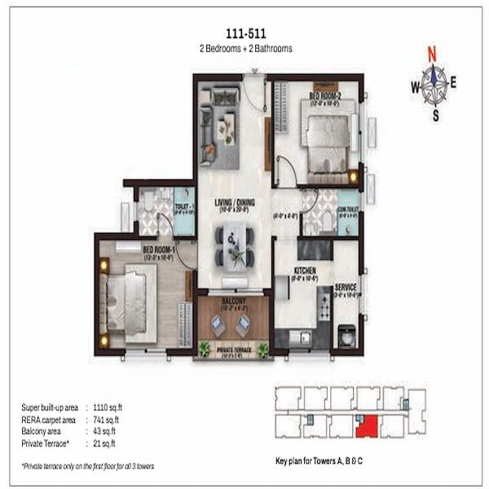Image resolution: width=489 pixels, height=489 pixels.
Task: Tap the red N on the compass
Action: click(432, 56)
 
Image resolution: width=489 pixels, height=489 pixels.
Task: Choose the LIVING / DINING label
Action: click(232, 203)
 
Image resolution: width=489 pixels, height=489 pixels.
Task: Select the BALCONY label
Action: click(235, 301)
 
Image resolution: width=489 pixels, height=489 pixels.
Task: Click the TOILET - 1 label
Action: click(183, 207)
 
